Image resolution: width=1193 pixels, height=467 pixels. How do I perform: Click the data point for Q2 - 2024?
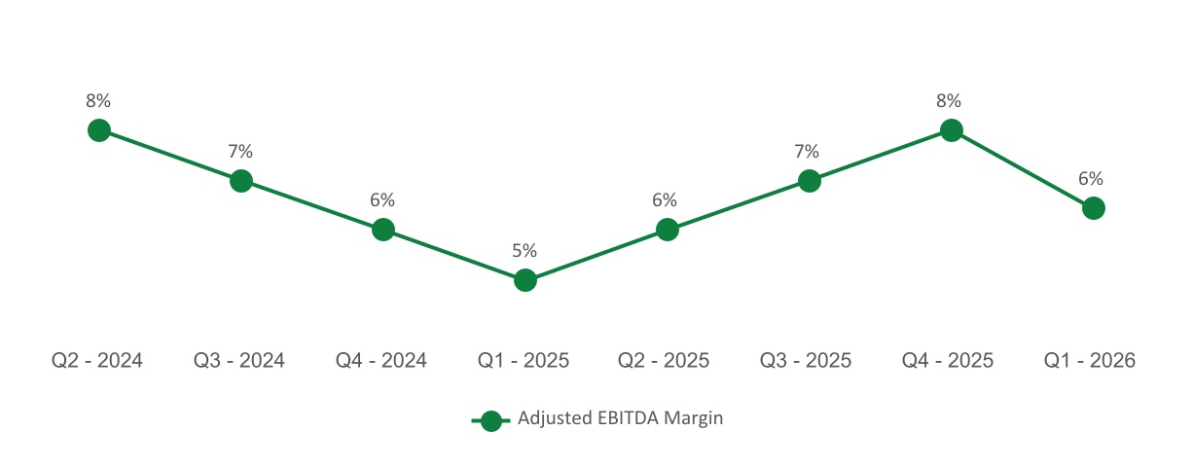(x=98, y=130)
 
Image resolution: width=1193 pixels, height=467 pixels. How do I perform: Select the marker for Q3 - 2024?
(x=240, y=181)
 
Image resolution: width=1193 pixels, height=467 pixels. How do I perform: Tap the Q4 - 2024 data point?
(x=382, y=230)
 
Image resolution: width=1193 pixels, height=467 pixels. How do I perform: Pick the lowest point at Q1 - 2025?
(x=524, y=280)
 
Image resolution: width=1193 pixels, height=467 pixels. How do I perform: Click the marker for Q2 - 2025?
(x=667, y=230)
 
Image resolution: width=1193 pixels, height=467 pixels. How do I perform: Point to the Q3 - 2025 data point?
(x=809, y=181)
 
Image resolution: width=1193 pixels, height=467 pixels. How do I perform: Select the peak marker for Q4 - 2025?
(x=951, y=130)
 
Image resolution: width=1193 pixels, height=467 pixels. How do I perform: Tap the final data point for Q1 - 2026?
(x=1093, y=208)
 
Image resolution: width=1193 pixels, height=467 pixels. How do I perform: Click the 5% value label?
(x=524, y=251)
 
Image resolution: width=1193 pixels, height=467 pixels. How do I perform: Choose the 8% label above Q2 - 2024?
(x=98, y=100)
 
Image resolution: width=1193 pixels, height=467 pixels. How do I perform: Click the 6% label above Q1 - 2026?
(x=1091, y=179)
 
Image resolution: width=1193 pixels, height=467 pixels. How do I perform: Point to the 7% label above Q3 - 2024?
(x=240, y=152)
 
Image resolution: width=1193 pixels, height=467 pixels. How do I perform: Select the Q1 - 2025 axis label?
(x=524, y=361)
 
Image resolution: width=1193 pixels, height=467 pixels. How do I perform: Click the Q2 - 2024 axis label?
(x=97, y=361)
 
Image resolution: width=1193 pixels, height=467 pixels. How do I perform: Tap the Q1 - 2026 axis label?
(x=1090, y=361)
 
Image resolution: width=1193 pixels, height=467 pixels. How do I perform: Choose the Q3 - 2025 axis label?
(x=806, y=361)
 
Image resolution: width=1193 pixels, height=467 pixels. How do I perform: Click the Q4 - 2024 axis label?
(x=381, y=361)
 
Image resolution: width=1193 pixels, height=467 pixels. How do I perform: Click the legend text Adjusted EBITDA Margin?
(x=621, y=419)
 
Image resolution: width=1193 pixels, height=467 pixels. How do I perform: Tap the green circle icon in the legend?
(x=491, y=420)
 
